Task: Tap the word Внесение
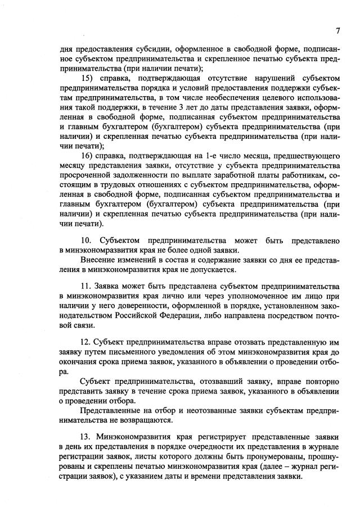(x=100, y=260)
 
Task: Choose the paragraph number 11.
(x=88, y=287)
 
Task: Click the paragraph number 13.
(x=88, y=437)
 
